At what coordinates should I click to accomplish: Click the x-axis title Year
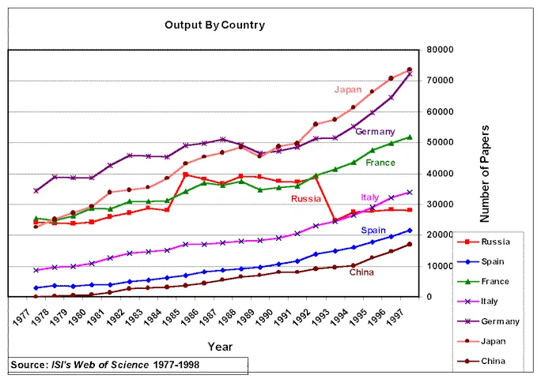coord(220,346)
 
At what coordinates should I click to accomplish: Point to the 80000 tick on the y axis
coord(438,50)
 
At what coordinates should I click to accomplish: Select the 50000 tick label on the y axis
coord(438,142)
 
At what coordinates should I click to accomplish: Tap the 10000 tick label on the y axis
coord(438,266)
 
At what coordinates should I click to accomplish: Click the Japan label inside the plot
coord(347,89)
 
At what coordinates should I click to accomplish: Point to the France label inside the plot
coord(380,163)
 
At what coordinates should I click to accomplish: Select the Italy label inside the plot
coord(370,197)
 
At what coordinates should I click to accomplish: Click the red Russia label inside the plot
coord(305,199)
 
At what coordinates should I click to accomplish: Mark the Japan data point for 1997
coord(410,69)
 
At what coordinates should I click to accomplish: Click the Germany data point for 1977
coord(36,190)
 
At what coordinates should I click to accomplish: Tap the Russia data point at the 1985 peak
coord(186,174)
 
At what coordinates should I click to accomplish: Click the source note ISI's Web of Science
coord(123,364)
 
